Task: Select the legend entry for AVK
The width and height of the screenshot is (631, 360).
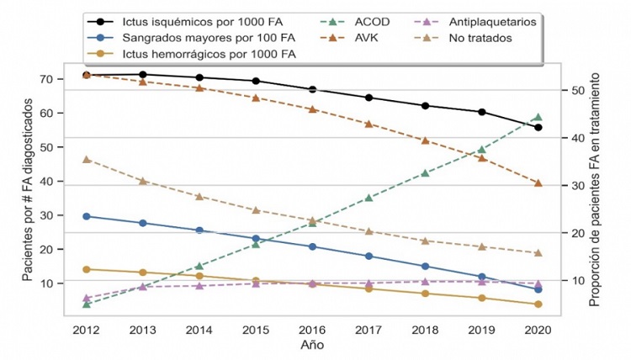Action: click(x=365, y=39)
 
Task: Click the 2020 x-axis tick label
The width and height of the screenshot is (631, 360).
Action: click(x=538, y=330)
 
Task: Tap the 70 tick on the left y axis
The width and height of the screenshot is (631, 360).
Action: click(x=47, y=79)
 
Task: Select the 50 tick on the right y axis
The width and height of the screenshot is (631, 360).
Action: click(x=577, y=90)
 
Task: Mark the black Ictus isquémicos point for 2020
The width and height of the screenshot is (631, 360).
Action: click(x=538, y=127)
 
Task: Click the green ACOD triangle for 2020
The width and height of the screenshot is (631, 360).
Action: click(x=538, y=117)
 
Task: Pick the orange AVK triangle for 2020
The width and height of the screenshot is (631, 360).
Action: click(x=538, y=183)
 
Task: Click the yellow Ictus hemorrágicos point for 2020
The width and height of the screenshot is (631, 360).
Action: click(x=538, y=304)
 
